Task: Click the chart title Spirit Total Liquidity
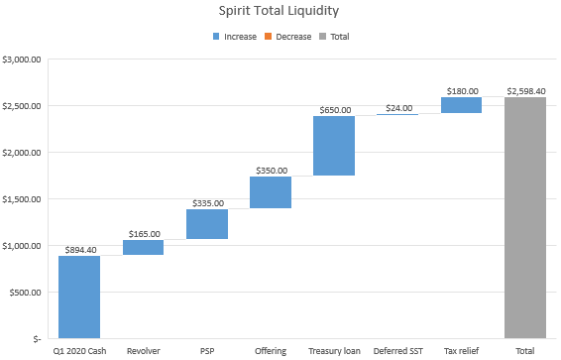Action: (x=280, y=13)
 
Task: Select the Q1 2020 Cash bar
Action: (x=79, y=297)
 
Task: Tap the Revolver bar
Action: (x=143, y=247)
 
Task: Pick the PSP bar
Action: (x=206, y=224)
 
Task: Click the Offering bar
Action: (x=271, y=192)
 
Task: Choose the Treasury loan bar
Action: (x=334, y=146)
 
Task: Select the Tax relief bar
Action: (x=461, y=105)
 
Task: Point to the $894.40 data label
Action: (x=79, y=250)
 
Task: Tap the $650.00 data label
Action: (x=334, y=110)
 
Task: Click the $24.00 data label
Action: (x=397, y=108)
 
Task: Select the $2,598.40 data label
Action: (x=525, y=91)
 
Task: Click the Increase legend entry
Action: (x=234, y=37)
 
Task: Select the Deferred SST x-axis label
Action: (x=397, y=351)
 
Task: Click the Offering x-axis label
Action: (x=271, y=351)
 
